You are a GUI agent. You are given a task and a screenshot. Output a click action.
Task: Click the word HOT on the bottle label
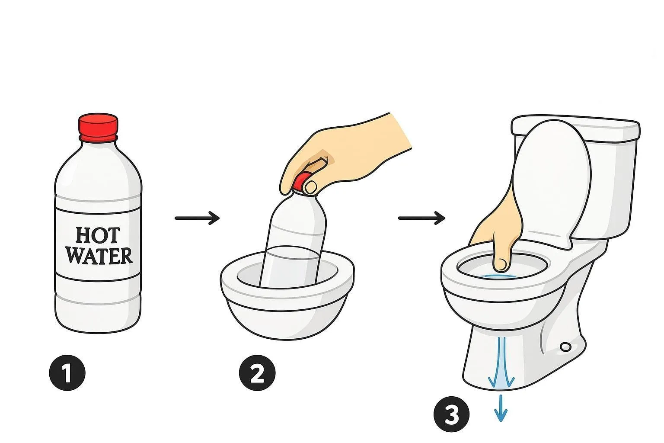tap(98, 236)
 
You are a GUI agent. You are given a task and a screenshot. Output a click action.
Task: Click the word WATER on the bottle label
tap(99, 256)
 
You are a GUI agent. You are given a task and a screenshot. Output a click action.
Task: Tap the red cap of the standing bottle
tap(98, 127)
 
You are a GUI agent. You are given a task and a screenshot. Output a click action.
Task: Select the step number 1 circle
tap(67, 372)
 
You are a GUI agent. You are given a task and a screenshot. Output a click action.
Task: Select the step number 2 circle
tap(257, 372)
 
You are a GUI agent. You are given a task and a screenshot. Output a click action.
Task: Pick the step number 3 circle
tap(451, 414)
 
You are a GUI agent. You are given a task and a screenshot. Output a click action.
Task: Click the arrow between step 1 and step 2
tap(197, 218)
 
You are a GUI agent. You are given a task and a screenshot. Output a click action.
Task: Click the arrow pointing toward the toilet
tap(421, 218)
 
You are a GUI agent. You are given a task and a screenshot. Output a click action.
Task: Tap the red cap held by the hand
tap(301, 182)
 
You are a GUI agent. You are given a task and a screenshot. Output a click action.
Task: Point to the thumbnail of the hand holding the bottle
tap(311, 187)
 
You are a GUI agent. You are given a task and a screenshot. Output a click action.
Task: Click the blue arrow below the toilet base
tap(501, 408)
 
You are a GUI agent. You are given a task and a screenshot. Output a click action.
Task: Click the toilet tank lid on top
tap(575, 128)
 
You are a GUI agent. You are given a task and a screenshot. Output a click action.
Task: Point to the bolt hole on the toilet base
tap(566, 347)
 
